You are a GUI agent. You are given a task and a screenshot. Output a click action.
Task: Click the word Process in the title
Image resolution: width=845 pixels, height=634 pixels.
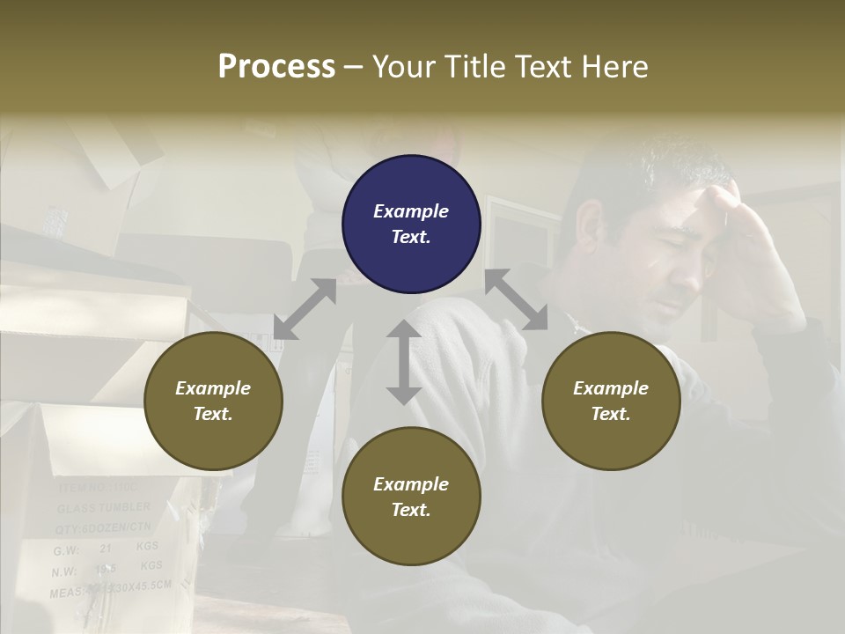click(276, 67)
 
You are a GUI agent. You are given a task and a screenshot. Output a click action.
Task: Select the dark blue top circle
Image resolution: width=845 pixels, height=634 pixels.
click(411, 224)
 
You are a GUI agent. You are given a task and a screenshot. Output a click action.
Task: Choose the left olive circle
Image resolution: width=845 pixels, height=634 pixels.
click(213, 401)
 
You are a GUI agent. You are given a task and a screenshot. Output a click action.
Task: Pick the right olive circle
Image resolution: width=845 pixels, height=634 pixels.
click(611, 401)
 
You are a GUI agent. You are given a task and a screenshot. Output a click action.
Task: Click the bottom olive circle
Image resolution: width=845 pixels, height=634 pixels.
click(411, 497)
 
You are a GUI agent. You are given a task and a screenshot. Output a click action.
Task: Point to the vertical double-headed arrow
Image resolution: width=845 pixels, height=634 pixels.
click(404, 362)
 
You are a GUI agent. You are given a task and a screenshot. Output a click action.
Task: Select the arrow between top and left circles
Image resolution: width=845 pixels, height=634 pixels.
click(305, 309)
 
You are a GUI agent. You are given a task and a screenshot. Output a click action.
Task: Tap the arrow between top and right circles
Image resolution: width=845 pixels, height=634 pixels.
click(516, 299)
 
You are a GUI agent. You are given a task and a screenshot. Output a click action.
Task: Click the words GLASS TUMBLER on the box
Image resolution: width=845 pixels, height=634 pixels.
click(104, 508)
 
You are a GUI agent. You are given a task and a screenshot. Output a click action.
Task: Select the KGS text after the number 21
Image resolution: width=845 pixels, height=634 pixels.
click(149, 547)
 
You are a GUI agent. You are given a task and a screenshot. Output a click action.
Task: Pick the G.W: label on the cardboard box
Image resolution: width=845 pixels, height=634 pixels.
click(66, 550)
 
